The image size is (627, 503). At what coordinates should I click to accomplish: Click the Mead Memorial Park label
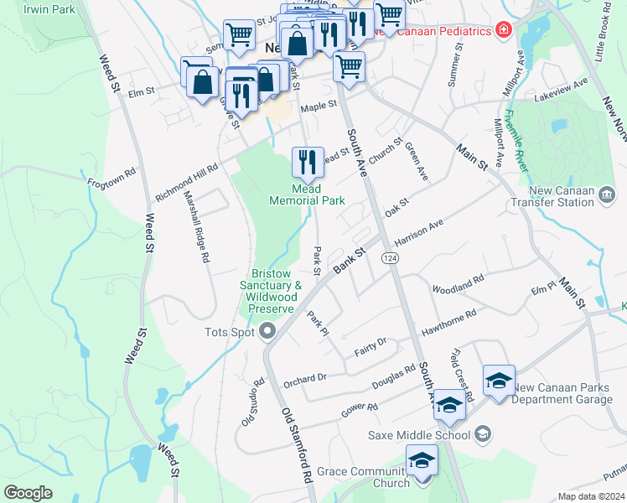coord(307,194)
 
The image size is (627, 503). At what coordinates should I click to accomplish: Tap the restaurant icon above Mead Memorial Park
coord(308,160)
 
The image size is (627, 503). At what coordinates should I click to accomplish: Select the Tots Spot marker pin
coord(268,332)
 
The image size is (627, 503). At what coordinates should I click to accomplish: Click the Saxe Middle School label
coord(420,435)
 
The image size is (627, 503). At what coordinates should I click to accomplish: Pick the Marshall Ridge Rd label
coord(196,226)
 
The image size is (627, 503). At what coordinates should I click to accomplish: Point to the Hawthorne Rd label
coord(448,320)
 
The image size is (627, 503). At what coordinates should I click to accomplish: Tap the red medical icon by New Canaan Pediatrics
coord(503,31)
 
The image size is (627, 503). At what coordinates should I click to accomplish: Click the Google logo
coord(28,493)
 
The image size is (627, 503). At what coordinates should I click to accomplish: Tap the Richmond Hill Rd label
coord(186,180)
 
